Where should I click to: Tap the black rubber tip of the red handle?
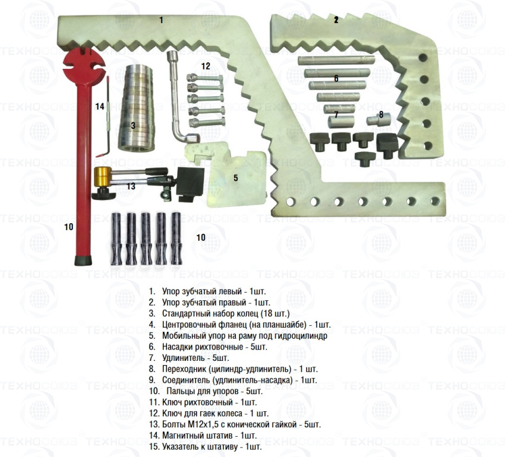[83, 261]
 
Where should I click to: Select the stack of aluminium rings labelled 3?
[136, 108]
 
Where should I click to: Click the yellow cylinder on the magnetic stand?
[102, 176]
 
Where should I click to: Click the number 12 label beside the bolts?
[206, 66]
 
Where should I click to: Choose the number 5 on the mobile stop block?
[235, 178]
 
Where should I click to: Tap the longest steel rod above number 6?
[336, 60]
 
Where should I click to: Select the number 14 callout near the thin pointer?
[100, 106]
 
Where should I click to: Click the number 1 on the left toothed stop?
[161, 20]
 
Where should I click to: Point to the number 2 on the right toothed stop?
[336, 20]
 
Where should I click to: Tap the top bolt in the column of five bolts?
[205, 78]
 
